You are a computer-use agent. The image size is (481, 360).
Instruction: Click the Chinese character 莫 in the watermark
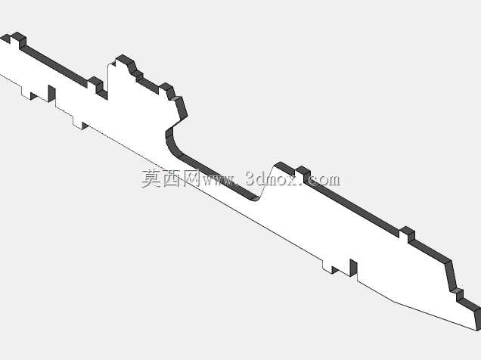(151, 178)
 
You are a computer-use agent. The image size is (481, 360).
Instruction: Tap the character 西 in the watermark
(172, 178)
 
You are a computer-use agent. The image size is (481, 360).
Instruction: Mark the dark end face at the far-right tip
(477, 319)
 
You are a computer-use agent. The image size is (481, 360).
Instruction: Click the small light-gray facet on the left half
(176, 98)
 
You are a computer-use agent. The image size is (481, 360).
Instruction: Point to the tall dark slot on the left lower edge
(52, 93)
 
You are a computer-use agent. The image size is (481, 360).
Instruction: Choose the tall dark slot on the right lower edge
(354, 267)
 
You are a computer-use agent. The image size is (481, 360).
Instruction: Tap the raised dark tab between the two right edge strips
(408, 232)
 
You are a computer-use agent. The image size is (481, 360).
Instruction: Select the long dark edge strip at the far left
(55, 65)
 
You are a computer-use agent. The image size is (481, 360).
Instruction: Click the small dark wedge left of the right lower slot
(335, 270)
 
